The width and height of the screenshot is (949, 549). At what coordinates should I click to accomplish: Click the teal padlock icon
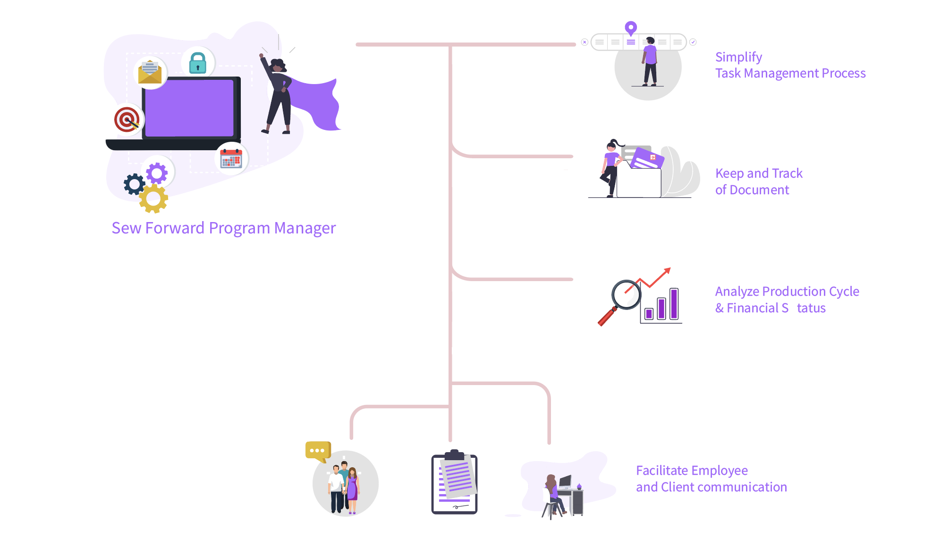click(198, 63)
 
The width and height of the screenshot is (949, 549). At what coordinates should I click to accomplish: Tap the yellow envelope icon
click(150, 72)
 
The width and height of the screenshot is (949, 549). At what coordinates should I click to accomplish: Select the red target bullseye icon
click(127, 120)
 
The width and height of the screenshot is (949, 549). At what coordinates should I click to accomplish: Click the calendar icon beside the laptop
click(231, 158)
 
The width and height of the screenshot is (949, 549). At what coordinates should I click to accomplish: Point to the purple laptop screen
click(189, 108)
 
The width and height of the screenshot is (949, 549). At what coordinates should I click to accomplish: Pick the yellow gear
click(153, 199)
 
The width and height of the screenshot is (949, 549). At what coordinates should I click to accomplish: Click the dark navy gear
click(135, 184)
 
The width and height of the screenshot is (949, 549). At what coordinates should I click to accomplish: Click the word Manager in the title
click(305, 228)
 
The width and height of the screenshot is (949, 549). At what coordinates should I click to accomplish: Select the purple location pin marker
click(631, 28)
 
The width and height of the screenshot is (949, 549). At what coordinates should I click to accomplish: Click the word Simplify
click(738, 58)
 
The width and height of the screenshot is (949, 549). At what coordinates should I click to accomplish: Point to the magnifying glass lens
click(626, 294)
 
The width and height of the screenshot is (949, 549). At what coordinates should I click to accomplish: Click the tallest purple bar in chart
click(674, 304)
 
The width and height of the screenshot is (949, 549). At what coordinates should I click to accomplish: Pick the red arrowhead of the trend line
click(667, 271)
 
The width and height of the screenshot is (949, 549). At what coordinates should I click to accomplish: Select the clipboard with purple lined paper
click(455, 482)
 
